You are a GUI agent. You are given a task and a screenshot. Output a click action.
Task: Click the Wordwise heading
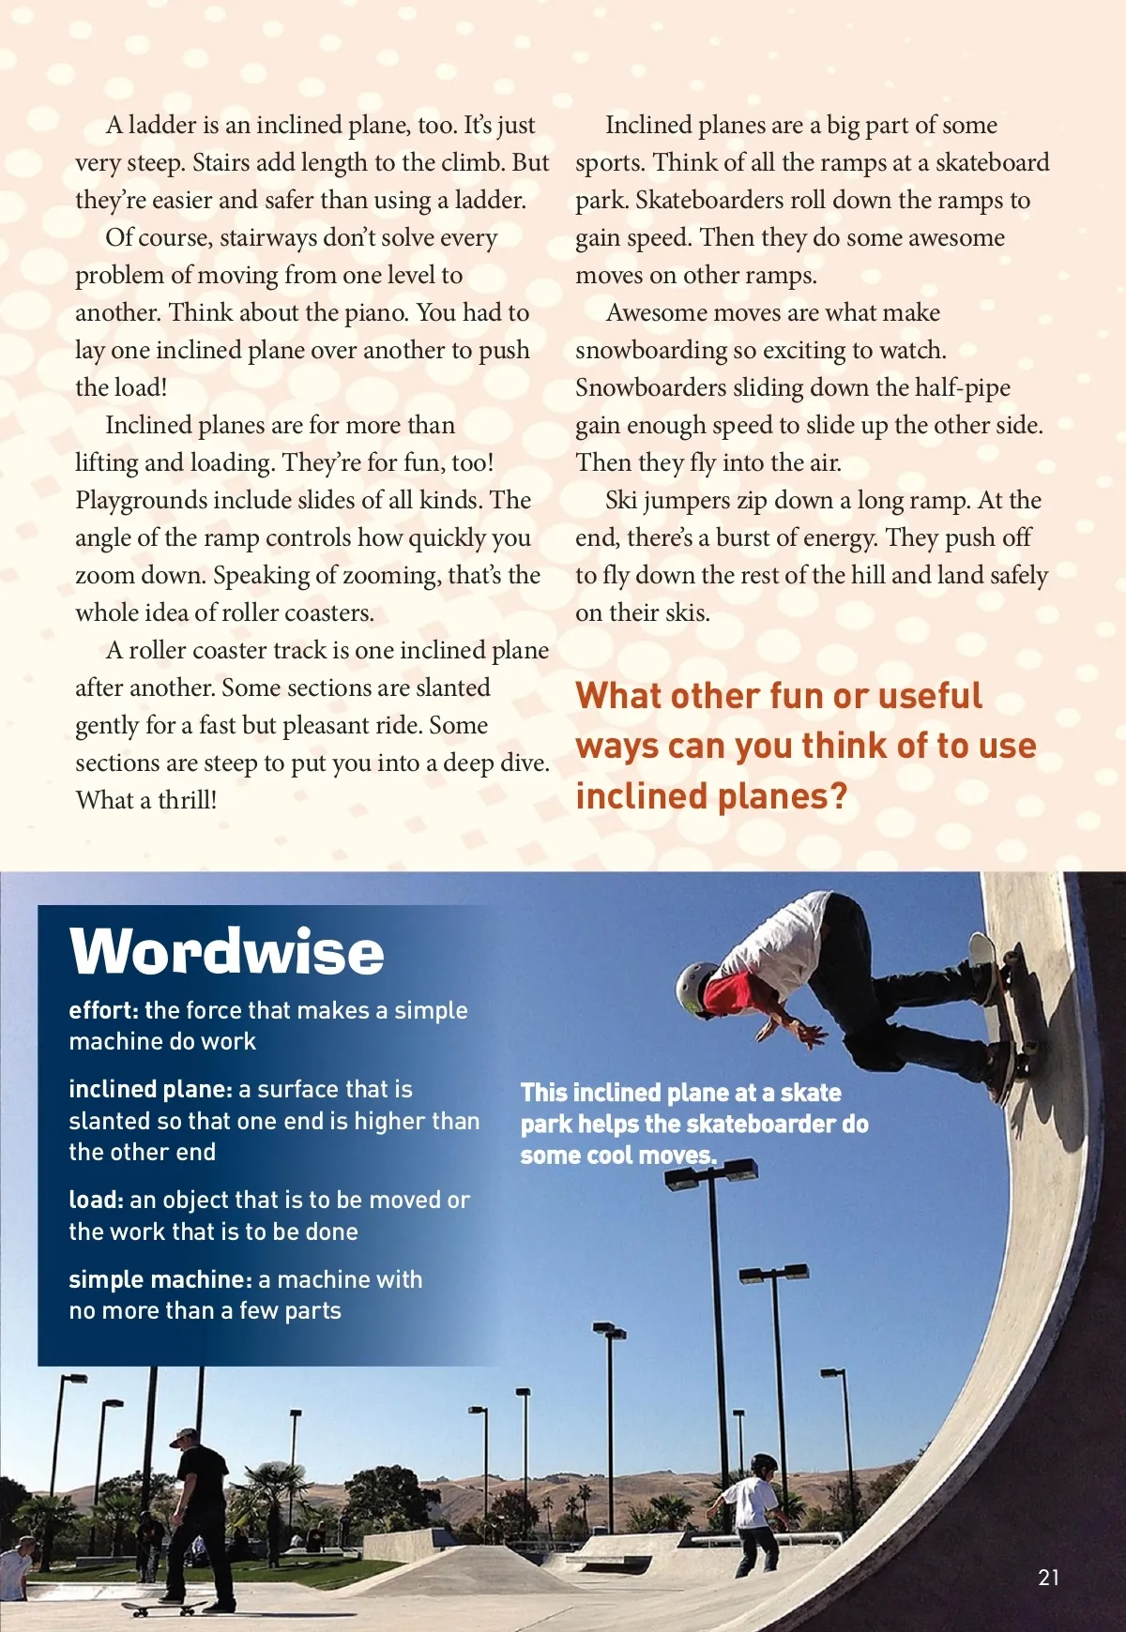click(x=226, y=952)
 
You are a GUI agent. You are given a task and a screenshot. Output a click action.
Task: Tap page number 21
click(x=1048, y=1578)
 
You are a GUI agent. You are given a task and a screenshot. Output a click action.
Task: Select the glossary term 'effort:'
click(x=103, y=1010)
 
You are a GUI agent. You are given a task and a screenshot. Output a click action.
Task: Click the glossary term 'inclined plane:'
click(x=150, y=1089)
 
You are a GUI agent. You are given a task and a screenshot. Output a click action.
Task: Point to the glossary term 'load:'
click(x=96, y=1200)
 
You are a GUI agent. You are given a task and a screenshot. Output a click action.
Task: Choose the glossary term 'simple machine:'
click(x=160, y=1279)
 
